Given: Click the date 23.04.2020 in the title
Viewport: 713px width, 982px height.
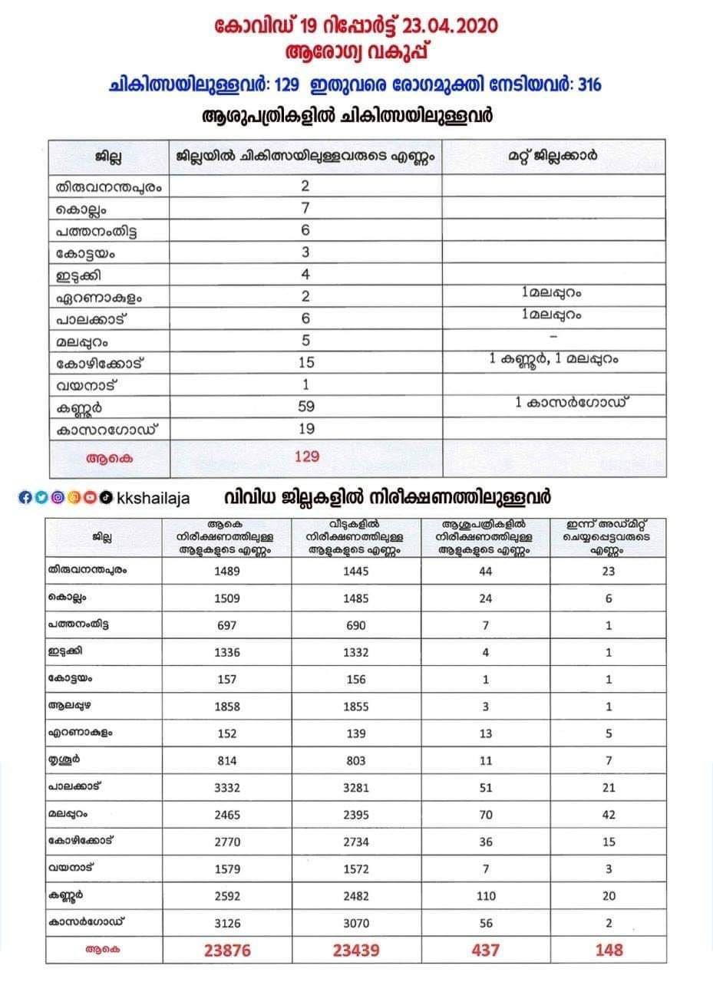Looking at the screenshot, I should [450, 27].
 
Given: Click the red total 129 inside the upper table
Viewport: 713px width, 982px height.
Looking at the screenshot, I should [307, 456].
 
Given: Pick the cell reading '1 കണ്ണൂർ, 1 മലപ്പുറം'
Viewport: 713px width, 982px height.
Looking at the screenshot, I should [553, 358].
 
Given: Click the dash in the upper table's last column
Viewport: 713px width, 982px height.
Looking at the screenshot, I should [553, 337].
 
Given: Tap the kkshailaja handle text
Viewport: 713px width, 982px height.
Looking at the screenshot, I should [153, 498].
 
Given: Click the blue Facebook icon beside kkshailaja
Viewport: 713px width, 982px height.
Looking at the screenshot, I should [25, 497].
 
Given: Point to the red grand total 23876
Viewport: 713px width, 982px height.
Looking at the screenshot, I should [227, 950].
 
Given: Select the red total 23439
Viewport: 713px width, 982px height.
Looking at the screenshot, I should [357, 950].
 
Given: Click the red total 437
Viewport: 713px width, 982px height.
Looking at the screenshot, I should [485, 950].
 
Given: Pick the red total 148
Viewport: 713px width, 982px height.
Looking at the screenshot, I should [609, 950].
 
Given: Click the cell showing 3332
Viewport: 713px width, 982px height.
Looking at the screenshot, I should [227, 788].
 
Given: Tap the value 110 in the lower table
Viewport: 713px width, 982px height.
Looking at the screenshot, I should [485, 895].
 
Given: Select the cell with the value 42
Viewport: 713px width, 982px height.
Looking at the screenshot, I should [609, 815].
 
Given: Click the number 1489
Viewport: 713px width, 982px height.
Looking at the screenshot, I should [227, 572].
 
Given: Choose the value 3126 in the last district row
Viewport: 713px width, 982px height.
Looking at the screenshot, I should [227, 922].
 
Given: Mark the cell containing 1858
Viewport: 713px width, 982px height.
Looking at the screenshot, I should [227, 707].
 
